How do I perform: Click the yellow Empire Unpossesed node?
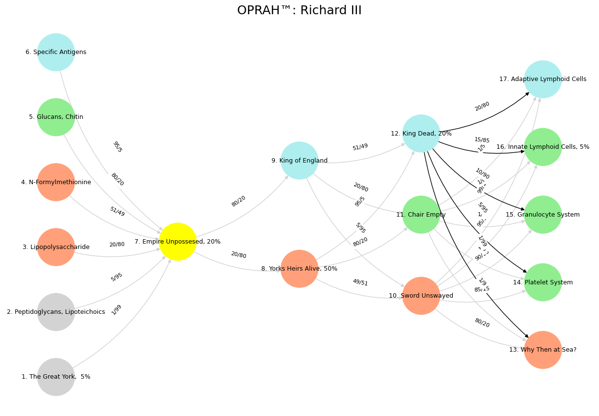178,242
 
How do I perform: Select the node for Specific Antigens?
56,52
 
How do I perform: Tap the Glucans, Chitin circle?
56,117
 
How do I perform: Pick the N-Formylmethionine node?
56,182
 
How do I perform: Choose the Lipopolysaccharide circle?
56,247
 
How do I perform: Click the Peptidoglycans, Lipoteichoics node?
56,312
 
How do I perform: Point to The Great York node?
56,377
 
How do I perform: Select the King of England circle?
299,161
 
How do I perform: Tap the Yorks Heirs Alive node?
299,269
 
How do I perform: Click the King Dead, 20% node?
421,134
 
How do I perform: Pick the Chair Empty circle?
421,215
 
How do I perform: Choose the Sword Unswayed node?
421,296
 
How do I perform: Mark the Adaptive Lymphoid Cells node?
543,79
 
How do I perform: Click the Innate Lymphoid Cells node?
543,147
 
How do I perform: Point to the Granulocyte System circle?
543,215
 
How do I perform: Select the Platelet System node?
543,282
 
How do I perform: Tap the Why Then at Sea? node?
543,350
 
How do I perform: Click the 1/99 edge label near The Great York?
116,310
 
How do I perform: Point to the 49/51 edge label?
360,282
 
